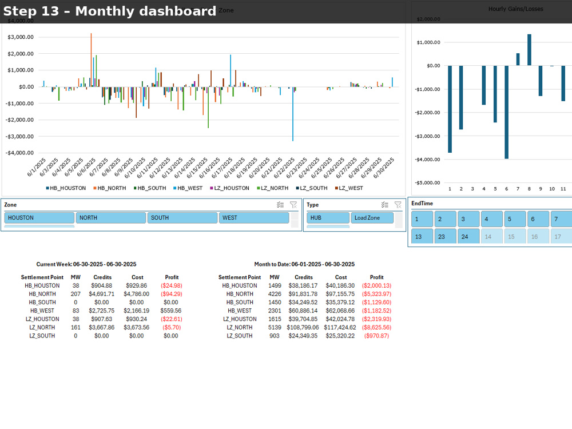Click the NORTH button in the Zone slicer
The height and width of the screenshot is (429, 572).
point(111,218)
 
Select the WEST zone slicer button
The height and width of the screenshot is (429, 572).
point(254,218)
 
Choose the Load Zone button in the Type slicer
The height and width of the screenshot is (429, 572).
point(372,218)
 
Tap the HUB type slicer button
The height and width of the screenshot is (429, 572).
point(328,218)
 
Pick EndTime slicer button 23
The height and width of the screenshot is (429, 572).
point(445,236)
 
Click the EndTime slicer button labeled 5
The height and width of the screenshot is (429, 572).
point(515,219)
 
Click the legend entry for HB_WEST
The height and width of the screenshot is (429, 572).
point(188,188)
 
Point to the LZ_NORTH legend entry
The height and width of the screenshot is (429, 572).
point(272,188)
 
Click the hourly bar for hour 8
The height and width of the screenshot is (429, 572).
point(529,50)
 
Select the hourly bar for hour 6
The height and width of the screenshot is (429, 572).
point(506,112)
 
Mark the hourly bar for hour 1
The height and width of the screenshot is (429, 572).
point(450,109)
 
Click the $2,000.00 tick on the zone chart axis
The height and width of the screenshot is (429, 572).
point(21,54)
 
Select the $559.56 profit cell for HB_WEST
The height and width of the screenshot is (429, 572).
point(170,311)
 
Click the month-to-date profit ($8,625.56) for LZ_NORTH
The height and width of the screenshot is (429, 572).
point(376,328)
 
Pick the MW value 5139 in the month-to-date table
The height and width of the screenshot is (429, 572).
point(275,328)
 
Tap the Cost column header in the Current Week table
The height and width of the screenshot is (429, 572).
point(137,277)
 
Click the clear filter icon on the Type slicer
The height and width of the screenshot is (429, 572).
point(398,205)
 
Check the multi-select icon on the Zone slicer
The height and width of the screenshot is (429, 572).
point(280,205)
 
